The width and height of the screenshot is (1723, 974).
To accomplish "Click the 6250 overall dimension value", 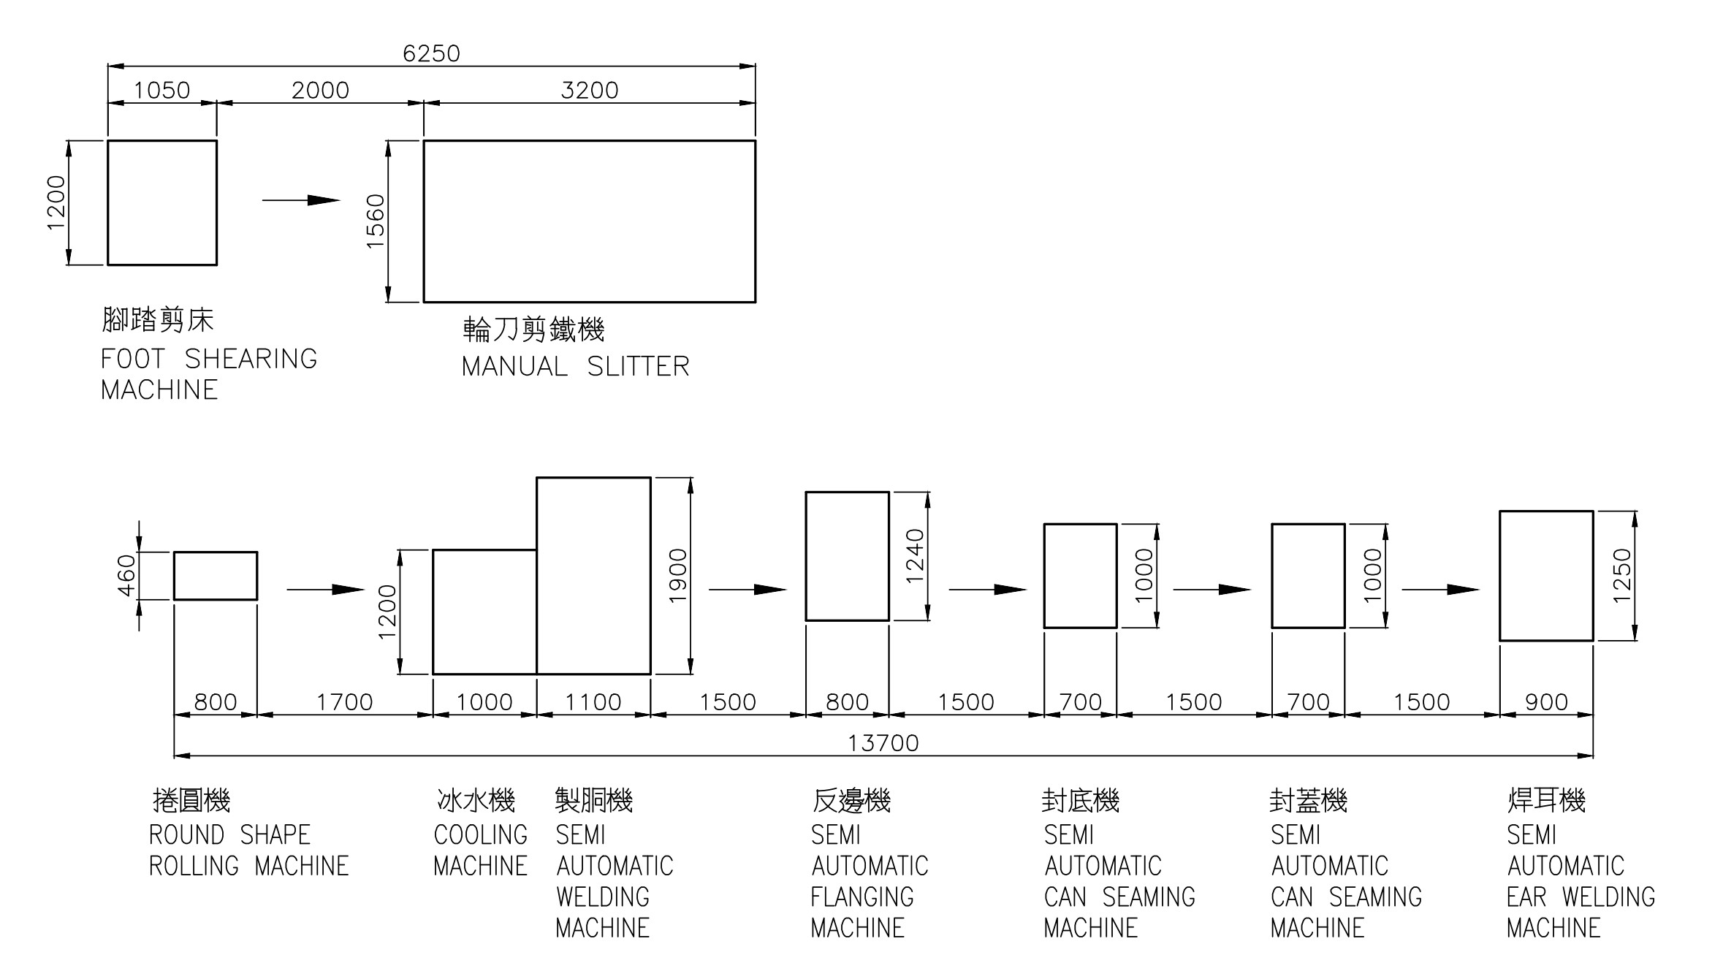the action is [x=431, y=53].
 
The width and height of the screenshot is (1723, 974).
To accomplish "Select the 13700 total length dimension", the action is [x=883, y=743].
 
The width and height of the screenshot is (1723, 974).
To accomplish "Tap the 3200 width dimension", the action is [x=589, y=90].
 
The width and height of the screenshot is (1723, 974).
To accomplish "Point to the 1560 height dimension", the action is [x=375, y=221].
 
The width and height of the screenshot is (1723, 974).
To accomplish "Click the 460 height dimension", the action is [x=126, y=576].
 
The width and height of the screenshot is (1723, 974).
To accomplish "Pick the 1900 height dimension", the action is [x=679, y=576].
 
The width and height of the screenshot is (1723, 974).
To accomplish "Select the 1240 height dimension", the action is [x=915, y=556].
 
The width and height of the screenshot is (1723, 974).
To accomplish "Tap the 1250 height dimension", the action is [x=1621, y=576].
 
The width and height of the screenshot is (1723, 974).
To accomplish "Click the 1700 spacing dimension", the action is [x=344, y=702].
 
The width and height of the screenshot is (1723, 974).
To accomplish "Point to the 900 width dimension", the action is [x=1546, y=702].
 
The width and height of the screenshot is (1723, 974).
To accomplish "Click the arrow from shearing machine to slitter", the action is [x=301, y=200].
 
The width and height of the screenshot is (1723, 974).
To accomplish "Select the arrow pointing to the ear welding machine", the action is [x=1440, y=590].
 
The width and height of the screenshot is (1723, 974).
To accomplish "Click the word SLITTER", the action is [x=638, y=367].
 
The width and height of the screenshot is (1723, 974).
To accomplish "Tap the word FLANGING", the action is [x=862, y=897].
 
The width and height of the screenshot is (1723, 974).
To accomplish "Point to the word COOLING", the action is [x=480, y=835].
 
